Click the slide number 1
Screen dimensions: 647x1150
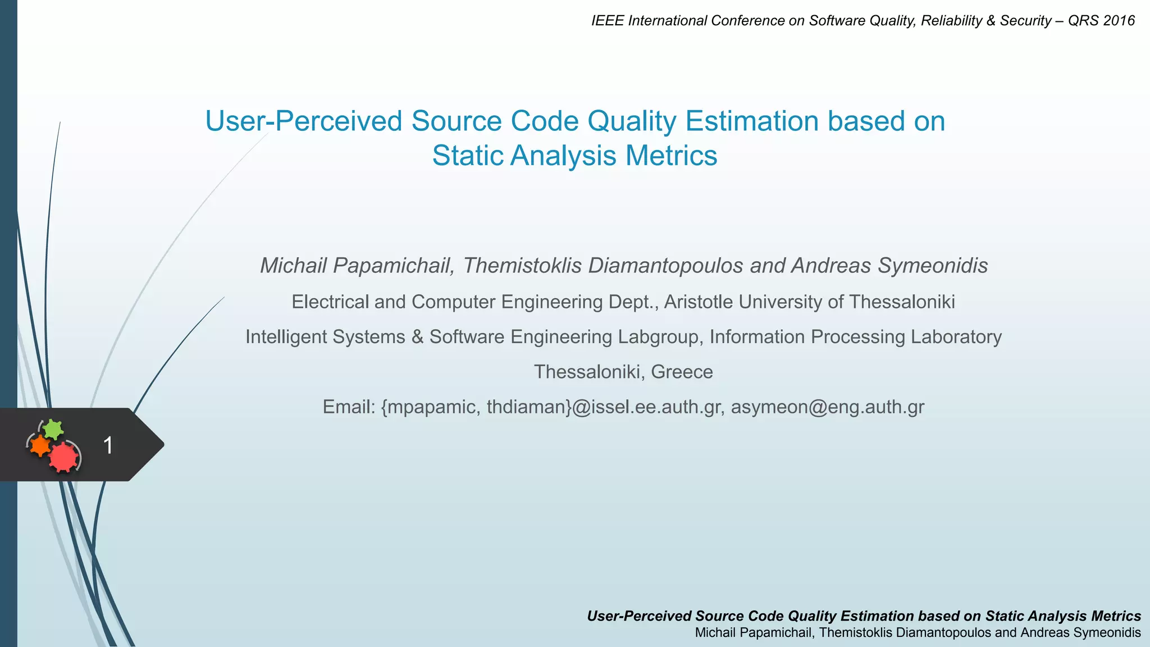coord(108,445)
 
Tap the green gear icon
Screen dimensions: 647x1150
coord(53,430)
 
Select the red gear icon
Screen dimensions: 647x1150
coord(63,457)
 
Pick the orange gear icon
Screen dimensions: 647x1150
coord(40,446)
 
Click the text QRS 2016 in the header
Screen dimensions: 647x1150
coord(1101,21)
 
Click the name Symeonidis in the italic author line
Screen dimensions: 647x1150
coord(933,266)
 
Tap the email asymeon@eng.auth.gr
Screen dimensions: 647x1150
coord(827,407)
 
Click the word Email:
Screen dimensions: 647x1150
coord(349,407)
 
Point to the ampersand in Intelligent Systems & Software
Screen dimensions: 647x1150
coord(417,337)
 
